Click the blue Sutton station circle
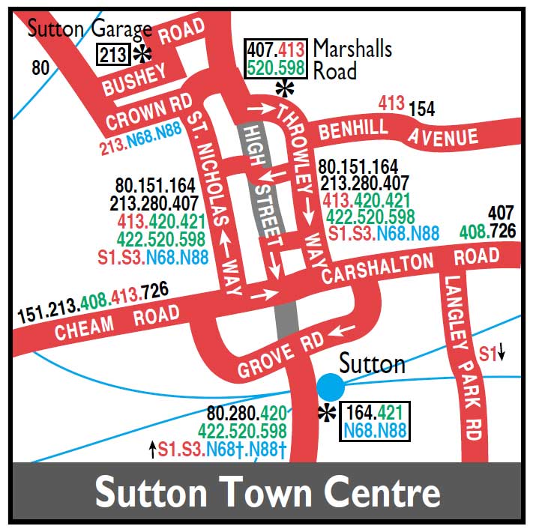330,387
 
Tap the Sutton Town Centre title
267,493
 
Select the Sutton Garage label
89,31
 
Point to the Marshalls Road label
352,59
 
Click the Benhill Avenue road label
398,134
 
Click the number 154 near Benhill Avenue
421,109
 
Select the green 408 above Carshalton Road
472,232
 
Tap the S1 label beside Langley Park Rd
488,351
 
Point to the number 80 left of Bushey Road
40,68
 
